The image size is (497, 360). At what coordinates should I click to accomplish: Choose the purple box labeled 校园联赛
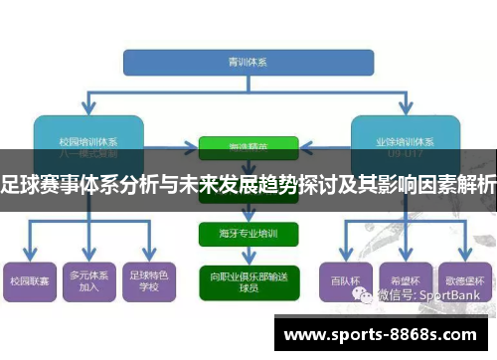click(28, 281)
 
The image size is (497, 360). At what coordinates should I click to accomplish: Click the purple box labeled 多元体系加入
click(88, 281)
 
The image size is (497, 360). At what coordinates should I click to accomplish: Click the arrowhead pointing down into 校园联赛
click(28, 256)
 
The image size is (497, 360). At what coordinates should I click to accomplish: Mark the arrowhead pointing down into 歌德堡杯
click(464, 256)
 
